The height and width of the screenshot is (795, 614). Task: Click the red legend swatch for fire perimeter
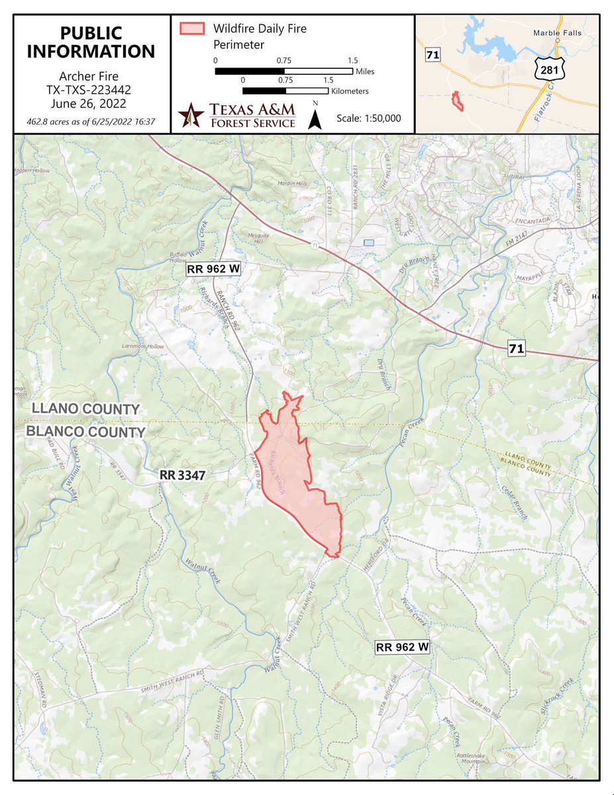191,28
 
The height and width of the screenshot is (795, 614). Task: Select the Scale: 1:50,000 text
368,117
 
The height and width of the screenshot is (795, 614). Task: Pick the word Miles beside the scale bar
366,71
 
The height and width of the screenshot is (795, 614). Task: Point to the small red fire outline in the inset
456,100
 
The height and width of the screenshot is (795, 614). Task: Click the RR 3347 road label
183,475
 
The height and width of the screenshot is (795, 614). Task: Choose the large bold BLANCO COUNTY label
85,432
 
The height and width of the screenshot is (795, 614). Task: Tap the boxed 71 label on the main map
517,348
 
